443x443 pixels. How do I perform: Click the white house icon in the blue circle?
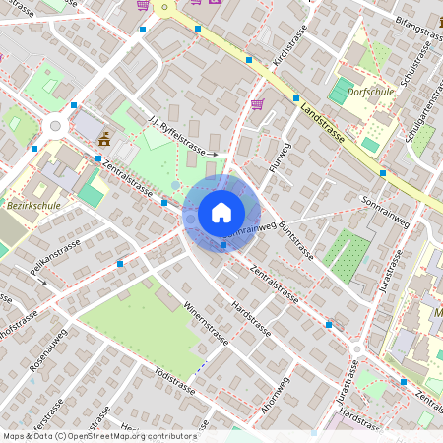(221, 213)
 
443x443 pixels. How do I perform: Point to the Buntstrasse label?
(296, 240)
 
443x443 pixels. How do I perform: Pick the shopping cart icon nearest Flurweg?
(258, 104)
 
